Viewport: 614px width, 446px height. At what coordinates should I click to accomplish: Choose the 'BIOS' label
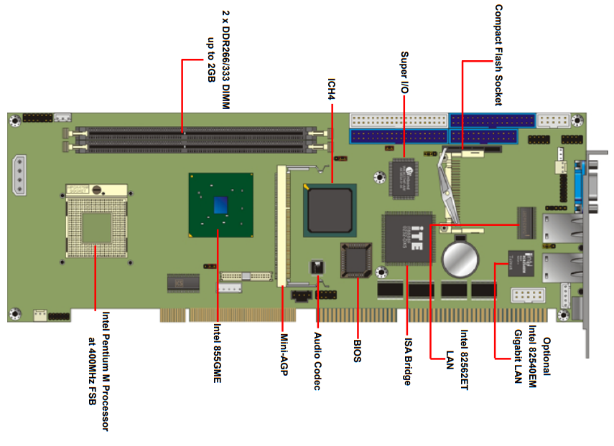(x=357, y=345)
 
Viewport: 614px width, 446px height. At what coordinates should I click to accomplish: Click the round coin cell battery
(x=460, y=259)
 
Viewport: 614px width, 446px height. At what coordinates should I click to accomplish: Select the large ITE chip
(x=408, y=237)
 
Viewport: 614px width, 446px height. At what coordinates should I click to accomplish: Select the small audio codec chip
(x=316, y=267)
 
